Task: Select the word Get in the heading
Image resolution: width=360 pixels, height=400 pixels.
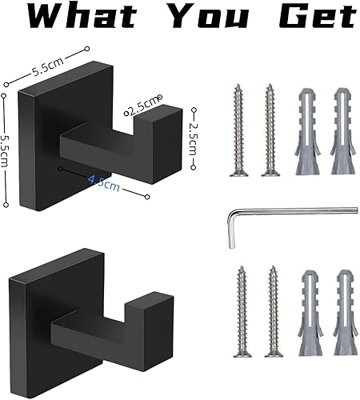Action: click(318, 16)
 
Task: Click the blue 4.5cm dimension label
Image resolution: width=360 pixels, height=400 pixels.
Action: click(104, 182)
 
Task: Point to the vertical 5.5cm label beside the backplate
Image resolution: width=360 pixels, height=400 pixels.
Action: click(5, 150)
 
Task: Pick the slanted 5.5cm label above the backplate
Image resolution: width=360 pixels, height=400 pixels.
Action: click(48, 66)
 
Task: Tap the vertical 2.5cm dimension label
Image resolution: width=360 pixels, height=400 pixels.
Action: click(194, 138)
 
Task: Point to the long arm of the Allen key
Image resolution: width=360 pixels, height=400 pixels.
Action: click(294, 210)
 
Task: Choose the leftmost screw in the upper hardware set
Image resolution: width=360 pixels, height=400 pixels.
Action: click(238, 130)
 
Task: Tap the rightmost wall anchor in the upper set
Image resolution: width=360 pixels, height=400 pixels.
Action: click(343, 131)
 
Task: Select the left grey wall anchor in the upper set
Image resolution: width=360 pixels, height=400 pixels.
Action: click(307, 131)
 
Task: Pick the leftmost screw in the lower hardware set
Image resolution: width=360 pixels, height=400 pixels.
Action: click(242, 312)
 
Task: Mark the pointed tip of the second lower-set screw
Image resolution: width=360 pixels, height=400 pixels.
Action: click(273, 266)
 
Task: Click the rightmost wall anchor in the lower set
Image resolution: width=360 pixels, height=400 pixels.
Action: click(345, 313)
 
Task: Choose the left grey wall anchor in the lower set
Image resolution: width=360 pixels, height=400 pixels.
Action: click(310, 313)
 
